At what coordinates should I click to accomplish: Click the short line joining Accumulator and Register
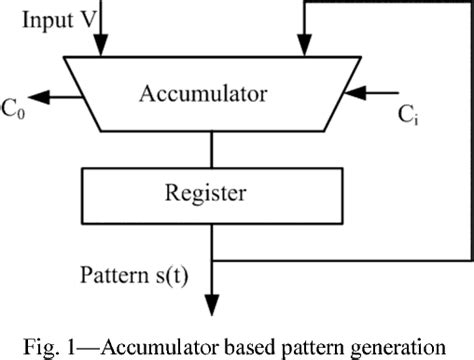(x=211, y=149)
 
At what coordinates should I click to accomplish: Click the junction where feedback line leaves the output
(x=212, y=263)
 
